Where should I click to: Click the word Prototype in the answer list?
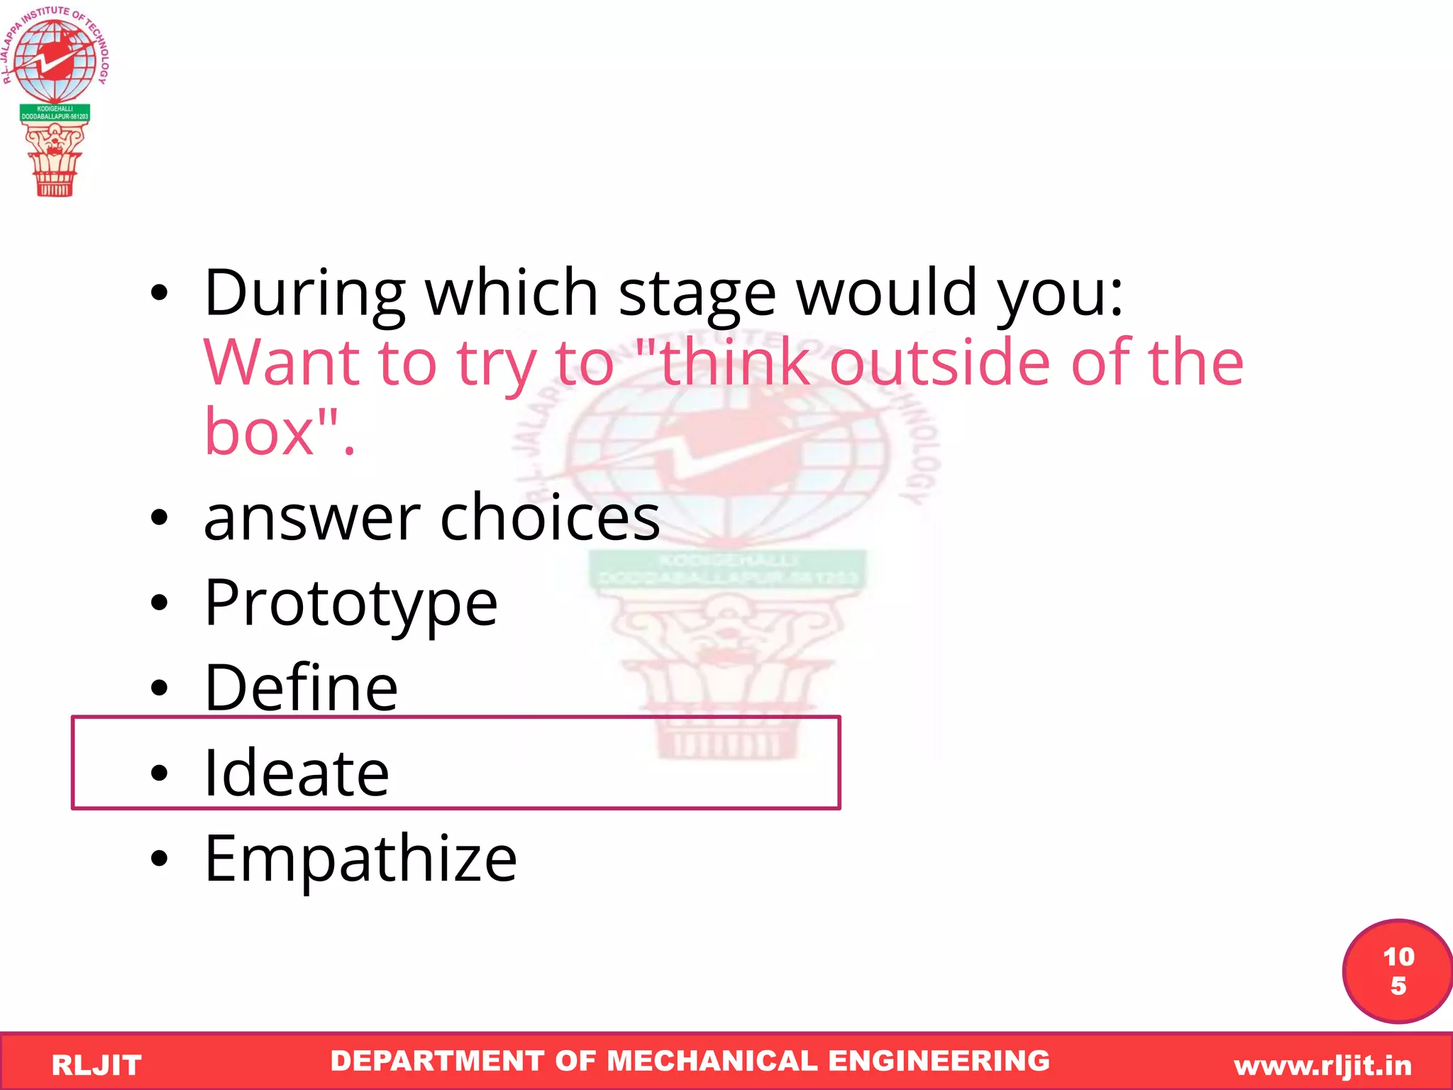pos(350,603)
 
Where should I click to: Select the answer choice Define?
pos(301,688)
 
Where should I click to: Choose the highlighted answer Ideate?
pos(297,773)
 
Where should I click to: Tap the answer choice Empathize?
pos(360,859)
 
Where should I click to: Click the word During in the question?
pos(304,292)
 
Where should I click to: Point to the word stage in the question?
pos(697,294)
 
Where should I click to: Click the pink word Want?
pos(281,363)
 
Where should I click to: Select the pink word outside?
pos(939,363)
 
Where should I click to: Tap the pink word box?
pos(259,432)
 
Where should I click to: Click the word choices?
pos(550,518)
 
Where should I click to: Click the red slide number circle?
pos(1397,971)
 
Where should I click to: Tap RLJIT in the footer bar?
pos(96,1065)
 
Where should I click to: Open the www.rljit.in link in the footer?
pos(1322,1065)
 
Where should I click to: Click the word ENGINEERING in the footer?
pos(939,1061)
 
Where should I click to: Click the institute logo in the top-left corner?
pos(55,99)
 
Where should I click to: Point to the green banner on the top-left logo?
pos(55,113)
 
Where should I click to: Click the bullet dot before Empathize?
pos(160,859)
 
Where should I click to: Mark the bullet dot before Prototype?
pos(160,603)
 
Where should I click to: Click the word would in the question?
pos(888,292)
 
